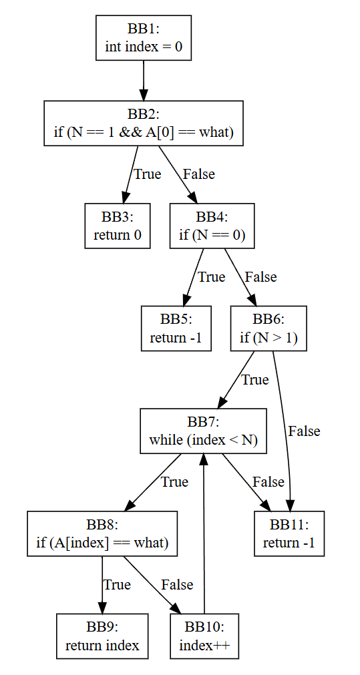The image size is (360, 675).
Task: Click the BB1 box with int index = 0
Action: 143,38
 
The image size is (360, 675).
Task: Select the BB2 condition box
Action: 144,123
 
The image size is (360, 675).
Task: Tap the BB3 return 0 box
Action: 117,226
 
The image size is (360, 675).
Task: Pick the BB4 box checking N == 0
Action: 212,226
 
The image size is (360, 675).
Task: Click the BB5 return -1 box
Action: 176,328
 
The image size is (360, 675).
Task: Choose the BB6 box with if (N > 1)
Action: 268,328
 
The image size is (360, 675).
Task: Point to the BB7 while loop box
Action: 203,431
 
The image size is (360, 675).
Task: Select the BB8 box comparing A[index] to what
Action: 102,533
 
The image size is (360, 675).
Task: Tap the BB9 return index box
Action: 102,636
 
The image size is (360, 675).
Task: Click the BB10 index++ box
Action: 204,636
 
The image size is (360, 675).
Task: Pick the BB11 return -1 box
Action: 289,533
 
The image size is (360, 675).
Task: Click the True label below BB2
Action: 148,174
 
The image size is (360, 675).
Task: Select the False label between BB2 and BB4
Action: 199,174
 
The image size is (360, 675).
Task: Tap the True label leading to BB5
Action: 211,277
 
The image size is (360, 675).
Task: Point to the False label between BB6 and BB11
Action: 304,431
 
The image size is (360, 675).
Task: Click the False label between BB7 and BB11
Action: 268,481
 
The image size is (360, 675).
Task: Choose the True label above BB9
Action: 117,585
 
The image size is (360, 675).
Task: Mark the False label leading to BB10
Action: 177,585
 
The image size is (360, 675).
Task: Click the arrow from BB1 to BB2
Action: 144,81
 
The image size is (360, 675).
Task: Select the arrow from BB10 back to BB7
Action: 204,534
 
